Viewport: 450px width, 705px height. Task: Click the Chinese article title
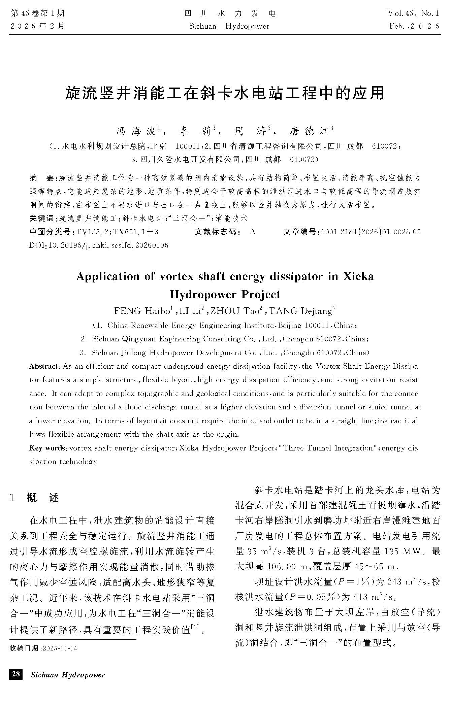225,92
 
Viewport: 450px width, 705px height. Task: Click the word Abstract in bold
44,366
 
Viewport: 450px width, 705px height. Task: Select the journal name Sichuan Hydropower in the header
229,26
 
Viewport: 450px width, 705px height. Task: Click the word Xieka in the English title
358,276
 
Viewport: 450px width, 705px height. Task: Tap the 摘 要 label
42,178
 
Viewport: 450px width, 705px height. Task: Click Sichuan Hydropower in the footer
68,675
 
